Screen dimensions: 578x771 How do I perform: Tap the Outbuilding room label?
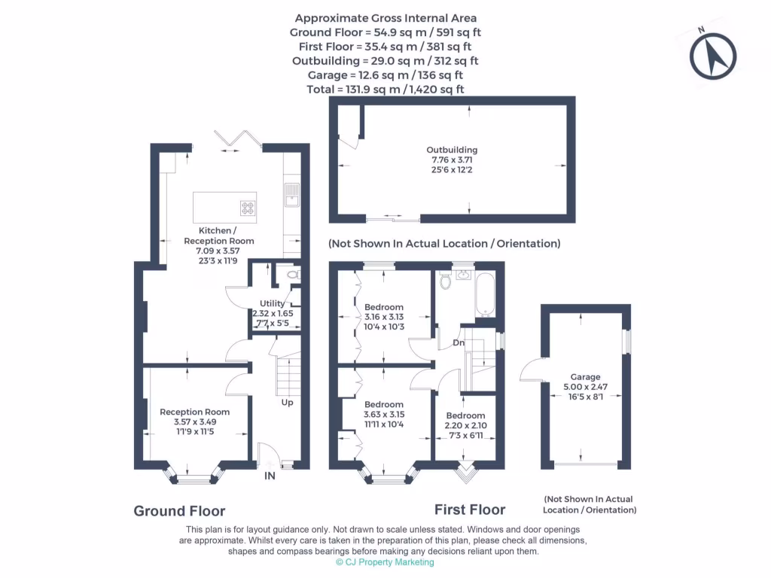[452, 150]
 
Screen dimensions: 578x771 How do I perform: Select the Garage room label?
[585, 377]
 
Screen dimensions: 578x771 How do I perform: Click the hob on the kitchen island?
[248, 208]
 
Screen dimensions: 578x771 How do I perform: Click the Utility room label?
[272, 303]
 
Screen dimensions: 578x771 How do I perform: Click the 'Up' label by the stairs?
[287, 402]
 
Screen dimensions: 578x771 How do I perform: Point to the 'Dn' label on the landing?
[459, 343]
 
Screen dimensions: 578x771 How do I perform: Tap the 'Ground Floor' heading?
[179, 511]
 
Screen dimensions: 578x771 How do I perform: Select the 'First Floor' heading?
[470, 510]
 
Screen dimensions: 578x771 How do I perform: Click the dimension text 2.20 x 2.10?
[465, 426]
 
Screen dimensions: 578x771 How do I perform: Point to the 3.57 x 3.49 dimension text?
[194, 422]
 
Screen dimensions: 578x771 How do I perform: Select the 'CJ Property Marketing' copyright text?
[385, 562]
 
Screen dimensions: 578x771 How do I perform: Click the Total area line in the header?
[385, 89]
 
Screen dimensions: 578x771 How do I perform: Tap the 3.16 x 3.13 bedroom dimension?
[384, 317]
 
